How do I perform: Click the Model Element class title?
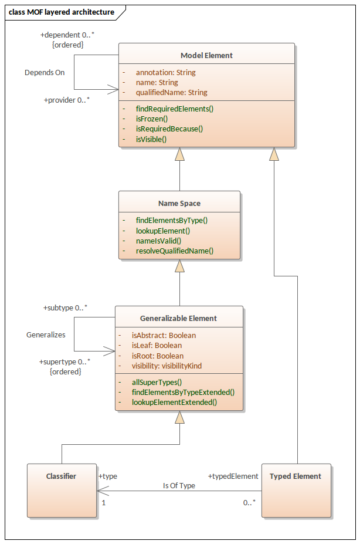tap(206, 55)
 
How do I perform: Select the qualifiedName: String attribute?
tap(171, 93)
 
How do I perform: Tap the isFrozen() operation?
tap(151, 119)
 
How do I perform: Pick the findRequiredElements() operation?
tap(174, 109)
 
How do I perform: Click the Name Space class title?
tap(179, 203)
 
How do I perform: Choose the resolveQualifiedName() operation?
tap(174, 251)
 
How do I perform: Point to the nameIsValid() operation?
tap(158, 241)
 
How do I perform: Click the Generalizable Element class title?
tap(178, 318)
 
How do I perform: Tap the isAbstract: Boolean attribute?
tap(164, 336)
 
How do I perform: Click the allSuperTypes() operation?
tap(157, 382)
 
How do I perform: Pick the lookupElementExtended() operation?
tap(174, 402)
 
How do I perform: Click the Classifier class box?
tap(62, 491)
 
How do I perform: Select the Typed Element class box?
tap(296, 491)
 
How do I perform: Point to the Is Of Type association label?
tap(179, 485)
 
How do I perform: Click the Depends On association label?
tap(45, 73)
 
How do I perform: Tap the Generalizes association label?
tap(46, 334)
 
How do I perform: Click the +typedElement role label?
tap(233, 476)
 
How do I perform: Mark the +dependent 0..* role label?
tap(67, 35)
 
